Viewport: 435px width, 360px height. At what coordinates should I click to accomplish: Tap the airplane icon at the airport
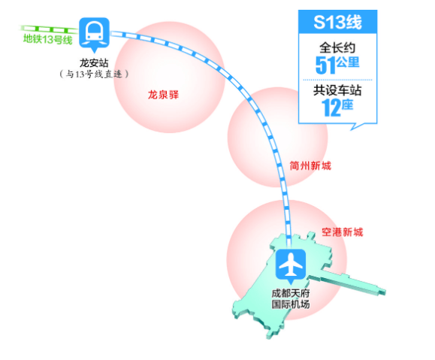tap(291, 266)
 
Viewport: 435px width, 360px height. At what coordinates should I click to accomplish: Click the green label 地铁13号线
tap(48, 39)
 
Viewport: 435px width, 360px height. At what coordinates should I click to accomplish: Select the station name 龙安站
tap(94, 62)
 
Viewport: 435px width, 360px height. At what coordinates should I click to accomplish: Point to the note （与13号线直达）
tap(94, 74)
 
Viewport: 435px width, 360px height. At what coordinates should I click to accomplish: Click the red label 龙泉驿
tap(163, 95)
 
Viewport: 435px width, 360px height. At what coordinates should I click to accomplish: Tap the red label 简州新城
tap(310, 165)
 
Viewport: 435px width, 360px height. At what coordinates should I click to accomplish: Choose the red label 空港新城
tap(342, 232)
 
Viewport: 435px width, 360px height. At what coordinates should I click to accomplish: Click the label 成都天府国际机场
tap(291, 298)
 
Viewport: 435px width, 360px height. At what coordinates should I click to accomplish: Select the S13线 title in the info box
tap(337, 23)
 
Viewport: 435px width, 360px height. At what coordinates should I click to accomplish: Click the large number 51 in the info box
tap(325, 65)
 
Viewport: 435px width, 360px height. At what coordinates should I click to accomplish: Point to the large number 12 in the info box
tap(331, 107)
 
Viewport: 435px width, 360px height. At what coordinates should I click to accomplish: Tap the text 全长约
tap(337, 48)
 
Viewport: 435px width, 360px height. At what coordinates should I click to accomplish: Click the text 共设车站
tap(337, 90)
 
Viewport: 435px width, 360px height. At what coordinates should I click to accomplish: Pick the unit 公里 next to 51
tap(348, 62)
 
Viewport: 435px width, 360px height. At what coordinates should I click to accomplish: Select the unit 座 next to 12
tap(347, 105)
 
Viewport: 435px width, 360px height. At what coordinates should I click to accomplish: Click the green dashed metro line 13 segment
tap(49, 29)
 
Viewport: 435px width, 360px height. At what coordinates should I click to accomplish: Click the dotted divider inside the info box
tap(337, 80)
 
